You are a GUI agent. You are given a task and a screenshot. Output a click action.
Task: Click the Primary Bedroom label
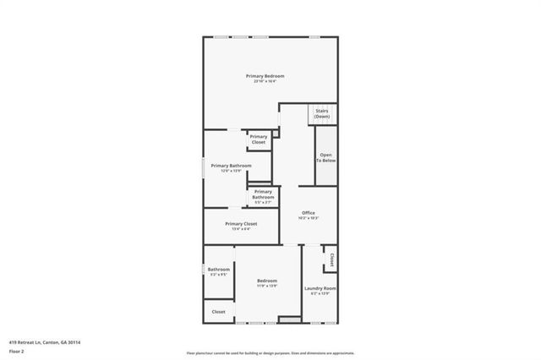[265, 76]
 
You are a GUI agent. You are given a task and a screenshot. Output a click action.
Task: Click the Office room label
[308, 212]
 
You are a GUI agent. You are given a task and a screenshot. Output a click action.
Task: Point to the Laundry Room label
[320, 288]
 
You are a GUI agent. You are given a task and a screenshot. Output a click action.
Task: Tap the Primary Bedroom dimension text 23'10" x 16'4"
[265, 81]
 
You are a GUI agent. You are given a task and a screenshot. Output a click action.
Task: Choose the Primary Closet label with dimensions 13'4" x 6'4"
[241, 223]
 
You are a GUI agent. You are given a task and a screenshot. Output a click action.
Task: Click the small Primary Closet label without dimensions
[259, 139]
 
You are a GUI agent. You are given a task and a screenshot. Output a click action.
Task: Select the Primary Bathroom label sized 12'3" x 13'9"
[231, 166]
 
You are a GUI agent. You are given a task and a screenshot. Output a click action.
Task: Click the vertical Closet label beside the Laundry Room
[332, 259]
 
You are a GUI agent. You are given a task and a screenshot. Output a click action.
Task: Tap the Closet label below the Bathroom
[218, 312]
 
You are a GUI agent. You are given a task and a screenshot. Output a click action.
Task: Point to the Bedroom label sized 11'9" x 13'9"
[266, 281]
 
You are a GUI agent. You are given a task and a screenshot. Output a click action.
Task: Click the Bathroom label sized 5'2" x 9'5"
[219, 270]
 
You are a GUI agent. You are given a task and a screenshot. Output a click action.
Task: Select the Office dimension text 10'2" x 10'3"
[308, 218]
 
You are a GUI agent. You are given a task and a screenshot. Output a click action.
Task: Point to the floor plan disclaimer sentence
[270, 353]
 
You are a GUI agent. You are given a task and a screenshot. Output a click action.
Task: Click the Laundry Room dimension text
[320, 294]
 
